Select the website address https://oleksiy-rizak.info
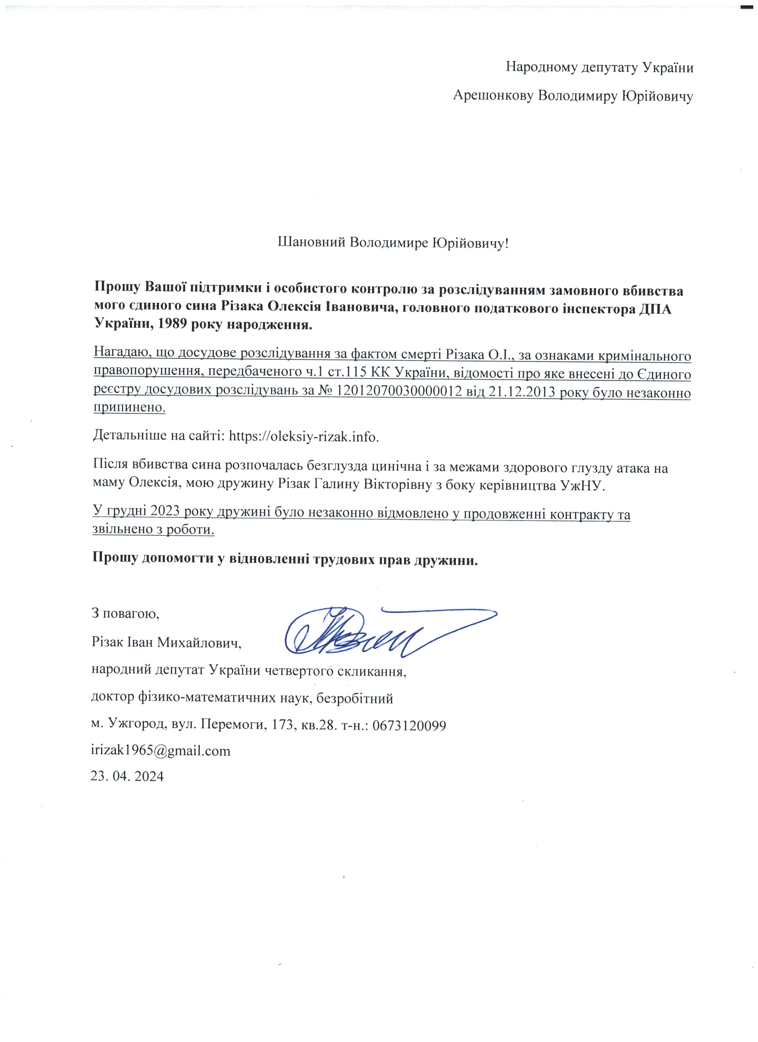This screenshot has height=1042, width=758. (304, 435)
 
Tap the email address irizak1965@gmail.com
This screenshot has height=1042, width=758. (161, 750)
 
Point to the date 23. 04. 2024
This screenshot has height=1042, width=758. (127, 776)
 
